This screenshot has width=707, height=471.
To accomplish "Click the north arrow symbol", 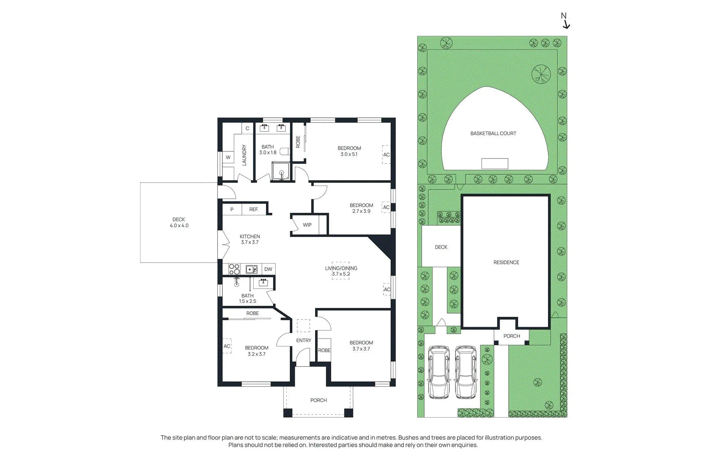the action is pos(566,25).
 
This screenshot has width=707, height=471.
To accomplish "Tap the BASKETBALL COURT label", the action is pos(493,133).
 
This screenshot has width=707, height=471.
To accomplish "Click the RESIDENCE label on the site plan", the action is pos(506,262).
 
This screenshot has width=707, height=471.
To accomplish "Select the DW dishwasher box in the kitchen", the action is pos(268,269).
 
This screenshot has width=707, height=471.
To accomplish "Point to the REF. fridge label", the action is pos(254,209).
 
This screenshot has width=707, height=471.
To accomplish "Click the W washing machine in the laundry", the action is pos(228,157).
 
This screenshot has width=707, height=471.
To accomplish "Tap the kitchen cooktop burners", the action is pos(234,269).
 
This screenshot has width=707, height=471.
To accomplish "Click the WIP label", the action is pos(307,225).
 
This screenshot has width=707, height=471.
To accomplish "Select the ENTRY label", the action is pos(304,340).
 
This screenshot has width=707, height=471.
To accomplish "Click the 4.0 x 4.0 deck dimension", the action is pos(179,226).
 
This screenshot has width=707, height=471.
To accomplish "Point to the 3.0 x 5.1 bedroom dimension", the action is pos(349,154).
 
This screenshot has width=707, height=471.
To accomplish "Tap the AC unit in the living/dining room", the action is pos(387,289).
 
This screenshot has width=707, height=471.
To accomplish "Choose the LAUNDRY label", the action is pos(244,155).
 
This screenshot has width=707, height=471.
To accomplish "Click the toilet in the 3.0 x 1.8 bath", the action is pos(285,152).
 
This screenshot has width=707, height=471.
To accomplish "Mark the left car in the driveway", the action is pos(439,372).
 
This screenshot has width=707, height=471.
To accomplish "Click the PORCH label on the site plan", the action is pos(512,336).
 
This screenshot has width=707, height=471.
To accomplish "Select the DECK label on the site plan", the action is pos(441,247).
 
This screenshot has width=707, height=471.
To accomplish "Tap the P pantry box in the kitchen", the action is pos(232,210).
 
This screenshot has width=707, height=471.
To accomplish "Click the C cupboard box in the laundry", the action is pos(247,128).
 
